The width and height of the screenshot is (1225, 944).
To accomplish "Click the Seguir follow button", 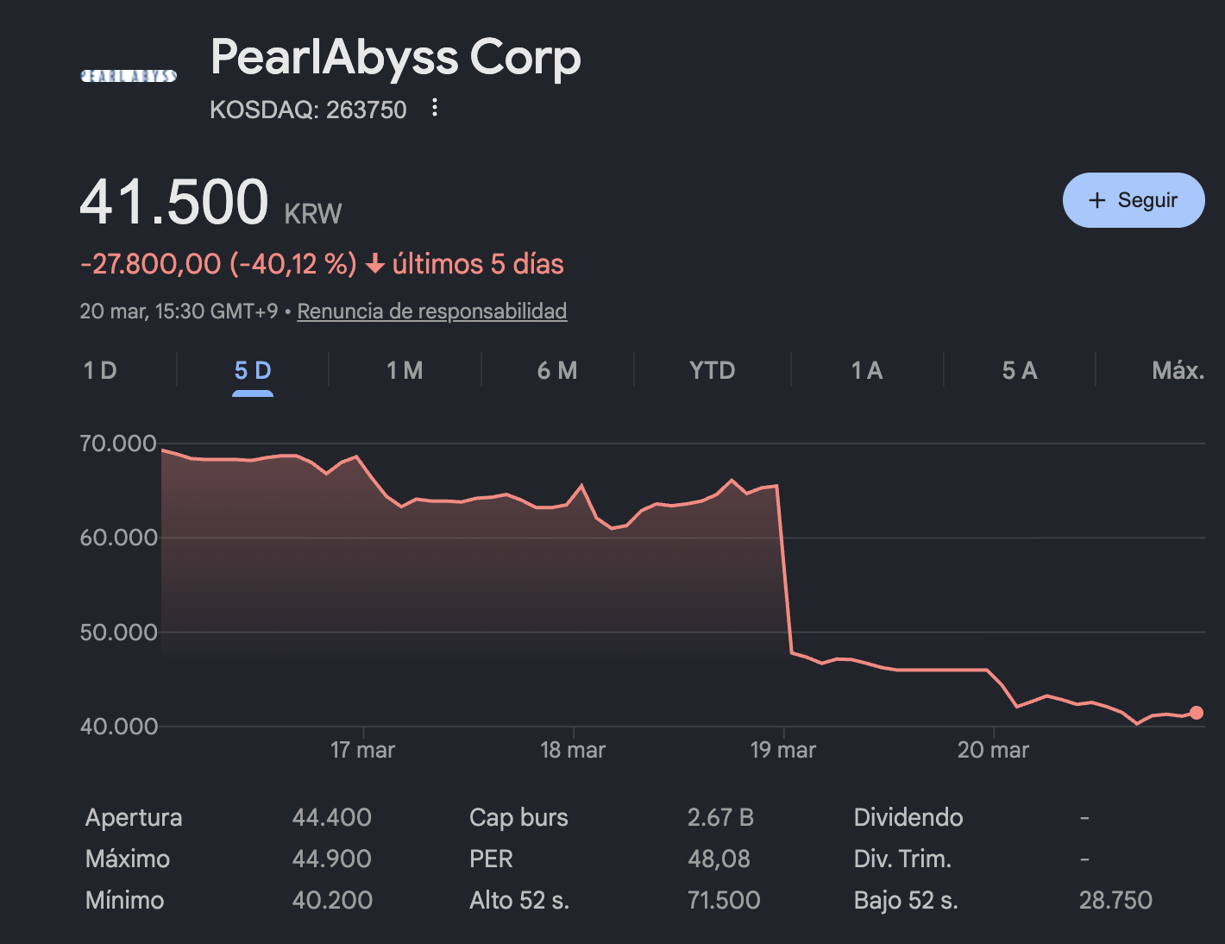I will [x=1133, y=200].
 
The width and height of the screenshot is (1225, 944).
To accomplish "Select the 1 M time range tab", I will [x=405, y=370].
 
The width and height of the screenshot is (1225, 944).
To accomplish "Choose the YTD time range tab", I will [x=712, y=370].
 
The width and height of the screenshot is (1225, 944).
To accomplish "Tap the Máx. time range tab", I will [x=1177, y=370].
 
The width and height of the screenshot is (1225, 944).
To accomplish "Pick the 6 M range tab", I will [x=557, y=370].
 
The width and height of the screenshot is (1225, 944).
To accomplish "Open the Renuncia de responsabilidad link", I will [x=431, y=311].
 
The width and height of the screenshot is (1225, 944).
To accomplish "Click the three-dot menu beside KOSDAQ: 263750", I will [x=435, y=108].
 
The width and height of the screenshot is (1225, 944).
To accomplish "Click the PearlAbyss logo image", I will [x=129, y=76].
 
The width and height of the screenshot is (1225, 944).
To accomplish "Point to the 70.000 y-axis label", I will [x=118, y=444].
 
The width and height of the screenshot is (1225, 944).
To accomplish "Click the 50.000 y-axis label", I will [x=118, y=632].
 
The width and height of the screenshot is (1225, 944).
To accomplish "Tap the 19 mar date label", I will [x=782, y=749].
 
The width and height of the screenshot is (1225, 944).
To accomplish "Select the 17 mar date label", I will [x=362, y=749].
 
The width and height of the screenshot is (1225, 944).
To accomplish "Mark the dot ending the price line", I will [x=1196, y=713].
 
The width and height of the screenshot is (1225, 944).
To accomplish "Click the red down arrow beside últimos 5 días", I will [x=375, y=264].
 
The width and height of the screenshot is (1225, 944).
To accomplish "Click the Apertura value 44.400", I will [x=331, y=817].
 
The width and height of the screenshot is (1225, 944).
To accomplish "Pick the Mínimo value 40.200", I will [x=332, y=900].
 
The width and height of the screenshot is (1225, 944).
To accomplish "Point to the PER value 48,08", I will [x=719, y=859].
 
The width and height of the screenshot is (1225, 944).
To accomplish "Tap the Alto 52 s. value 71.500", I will [x=724, y=900].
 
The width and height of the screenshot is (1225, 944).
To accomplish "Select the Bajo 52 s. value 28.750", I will [x=1115, y=900].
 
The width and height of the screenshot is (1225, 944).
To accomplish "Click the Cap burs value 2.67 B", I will [x=720, y=817].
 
